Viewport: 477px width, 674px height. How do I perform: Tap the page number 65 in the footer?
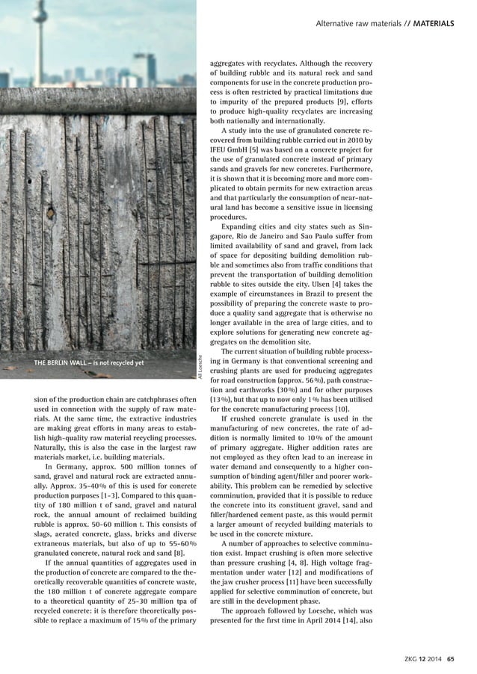pos(451,658)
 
